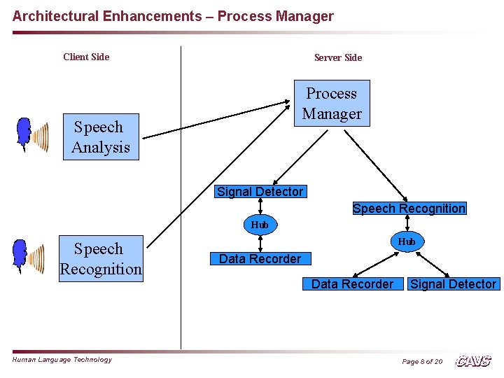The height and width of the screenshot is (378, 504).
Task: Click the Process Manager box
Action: [x=332, y=104]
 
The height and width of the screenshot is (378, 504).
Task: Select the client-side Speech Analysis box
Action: [x=101, y=137]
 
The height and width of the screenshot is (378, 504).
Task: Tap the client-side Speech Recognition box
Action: [x=101, y=259]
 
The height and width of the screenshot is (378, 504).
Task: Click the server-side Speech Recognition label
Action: [x=409, y=209]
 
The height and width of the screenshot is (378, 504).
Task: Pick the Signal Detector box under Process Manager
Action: [x=260, y=192]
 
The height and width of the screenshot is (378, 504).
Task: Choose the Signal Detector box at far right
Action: [x=453, y=284]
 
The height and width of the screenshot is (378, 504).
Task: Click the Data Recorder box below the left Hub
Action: [x=260, y=259]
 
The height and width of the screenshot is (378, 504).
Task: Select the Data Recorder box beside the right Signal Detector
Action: [x=352, y=284]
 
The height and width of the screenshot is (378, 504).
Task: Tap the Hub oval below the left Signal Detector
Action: [x=260, y=225]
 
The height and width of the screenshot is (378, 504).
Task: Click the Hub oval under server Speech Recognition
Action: [x=407, y=241]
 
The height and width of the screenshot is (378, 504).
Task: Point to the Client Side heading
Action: [x=86, y=57]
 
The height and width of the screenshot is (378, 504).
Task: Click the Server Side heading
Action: [x=338, y=57]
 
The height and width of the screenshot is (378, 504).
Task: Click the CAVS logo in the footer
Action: [x=473, y=361]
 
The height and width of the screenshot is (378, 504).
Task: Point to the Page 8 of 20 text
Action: [x=421, y=362]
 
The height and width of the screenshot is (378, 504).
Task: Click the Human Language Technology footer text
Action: [x=62, y=360]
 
